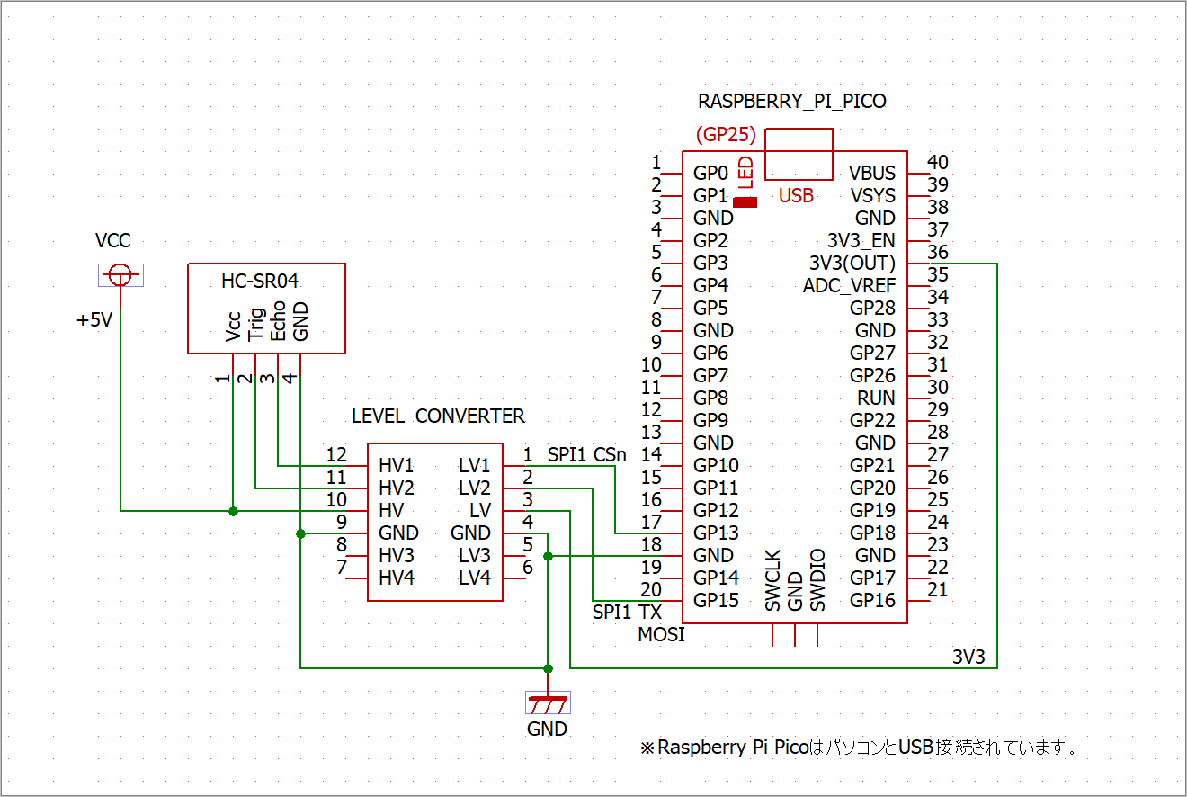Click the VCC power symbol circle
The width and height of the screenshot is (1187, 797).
120,275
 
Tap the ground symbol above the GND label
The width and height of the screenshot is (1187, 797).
547,702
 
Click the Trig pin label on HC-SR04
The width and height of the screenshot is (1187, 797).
255,326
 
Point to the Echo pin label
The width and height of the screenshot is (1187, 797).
278,324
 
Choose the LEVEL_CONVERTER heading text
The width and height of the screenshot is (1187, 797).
438,416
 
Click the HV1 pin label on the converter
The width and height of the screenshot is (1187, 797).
397,466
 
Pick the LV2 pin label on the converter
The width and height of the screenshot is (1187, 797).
475,488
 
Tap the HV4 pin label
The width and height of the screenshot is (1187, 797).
397,578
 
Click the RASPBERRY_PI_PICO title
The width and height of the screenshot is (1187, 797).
791,102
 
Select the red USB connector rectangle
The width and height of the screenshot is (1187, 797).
799,154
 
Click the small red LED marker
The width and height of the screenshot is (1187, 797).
745,201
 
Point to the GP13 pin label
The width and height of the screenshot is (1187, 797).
717,533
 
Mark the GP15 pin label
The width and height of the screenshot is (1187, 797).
717,601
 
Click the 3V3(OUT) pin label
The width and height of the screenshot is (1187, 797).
852,264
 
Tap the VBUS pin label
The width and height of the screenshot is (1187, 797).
872,174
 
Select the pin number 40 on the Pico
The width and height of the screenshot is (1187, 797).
938,163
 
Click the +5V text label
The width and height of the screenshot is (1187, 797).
94,319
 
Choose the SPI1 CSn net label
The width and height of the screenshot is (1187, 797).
586,455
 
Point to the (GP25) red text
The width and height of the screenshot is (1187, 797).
726,136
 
